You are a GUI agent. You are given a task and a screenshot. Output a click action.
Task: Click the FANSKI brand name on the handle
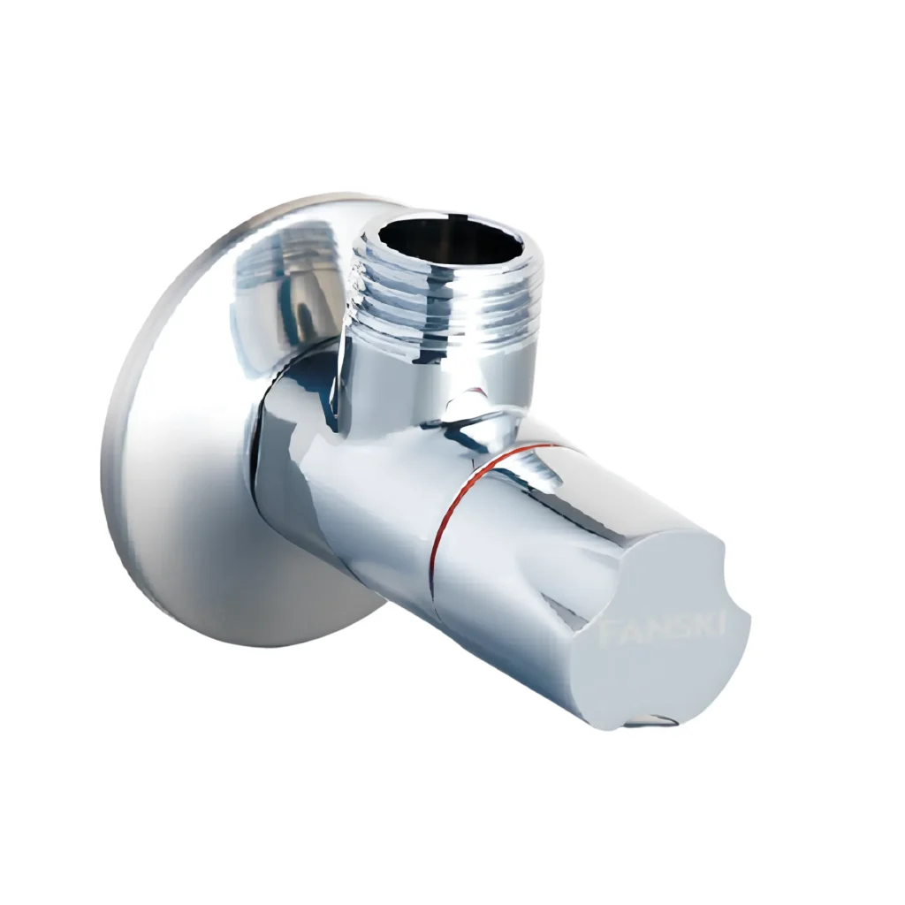663,629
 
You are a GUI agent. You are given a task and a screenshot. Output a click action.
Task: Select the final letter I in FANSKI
722,623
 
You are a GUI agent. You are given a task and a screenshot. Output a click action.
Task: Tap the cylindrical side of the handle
513,583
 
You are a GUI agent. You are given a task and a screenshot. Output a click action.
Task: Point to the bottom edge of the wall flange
247,642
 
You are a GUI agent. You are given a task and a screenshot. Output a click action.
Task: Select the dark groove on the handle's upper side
548,477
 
